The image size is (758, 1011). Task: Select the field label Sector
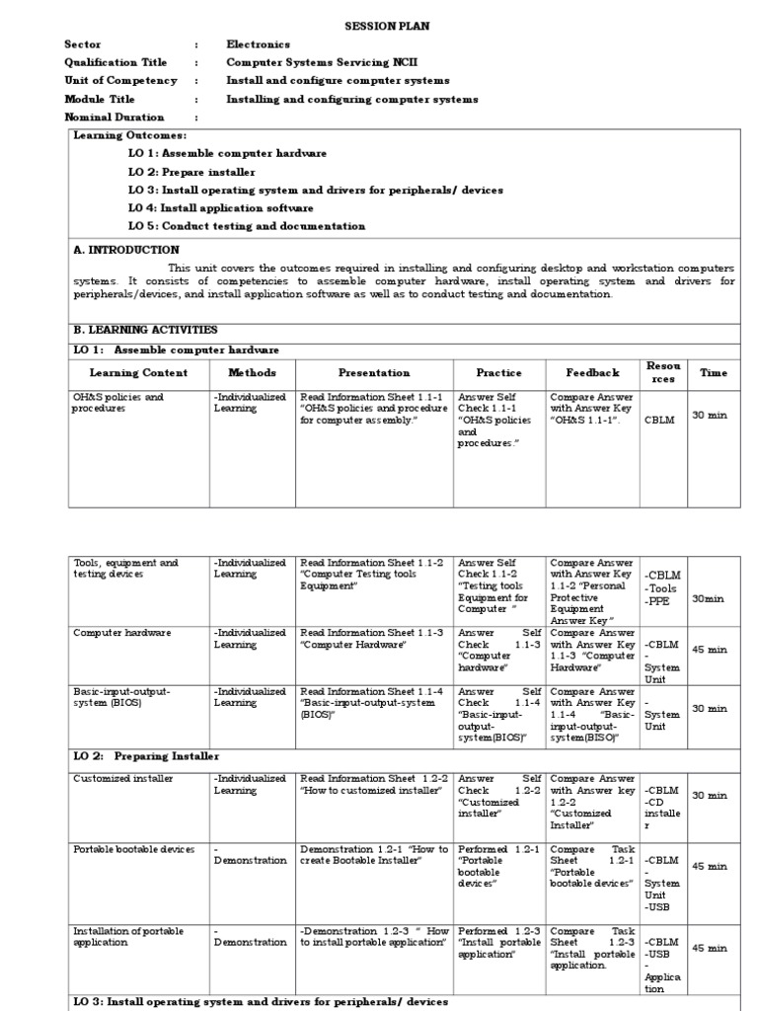(83, 44)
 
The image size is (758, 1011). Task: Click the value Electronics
(259, 44)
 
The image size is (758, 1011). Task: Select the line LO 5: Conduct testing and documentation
(247, 226)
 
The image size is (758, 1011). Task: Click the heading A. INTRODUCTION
(126, 251)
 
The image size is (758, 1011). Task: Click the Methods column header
(252, 373)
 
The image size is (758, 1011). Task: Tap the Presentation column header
(373, 373)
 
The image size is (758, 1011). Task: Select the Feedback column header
(592, 373)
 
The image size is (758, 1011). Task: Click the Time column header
(713, 373)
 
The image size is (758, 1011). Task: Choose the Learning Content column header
(136, 373)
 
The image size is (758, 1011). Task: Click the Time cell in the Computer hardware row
(710, 650)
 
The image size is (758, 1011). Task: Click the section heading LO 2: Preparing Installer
(146, 756)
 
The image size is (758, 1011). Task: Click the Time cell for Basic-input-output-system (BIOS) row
(710, 708)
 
